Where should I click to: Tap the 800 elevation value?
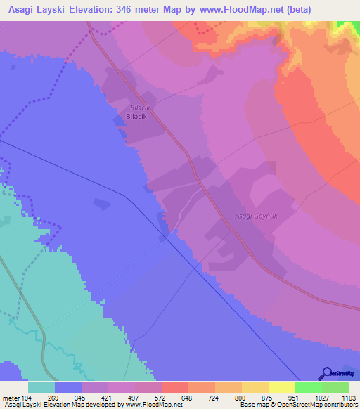click(241, 397)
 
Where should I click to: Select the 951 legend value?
click(295, 397)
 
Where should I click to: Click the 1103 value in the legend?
click(348, 397)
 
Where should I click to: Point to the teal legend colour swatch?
click(41, 387)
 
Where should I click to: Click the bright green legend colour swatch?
click(309, 387)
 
